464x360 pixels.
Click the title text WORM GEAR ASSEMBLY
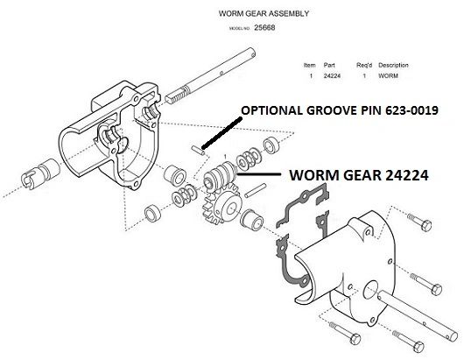point(264,14)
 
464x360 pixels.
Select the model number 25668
point(264,28)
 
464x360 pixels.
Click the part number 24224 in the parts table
point(332,76)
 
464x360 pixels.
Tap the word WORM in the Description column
point(388,76)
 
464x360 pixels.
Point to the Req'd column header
point(363,65)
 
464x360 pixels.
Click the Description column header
point(393,65)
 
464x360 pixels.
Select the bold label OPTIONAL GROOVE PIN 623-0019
point(340,110)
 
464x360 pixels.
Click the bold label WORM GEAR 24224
point(359,175)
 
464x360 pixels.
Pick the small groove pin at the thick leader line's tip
point(197,149)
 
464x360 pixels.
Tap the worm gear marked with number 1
point(219,175)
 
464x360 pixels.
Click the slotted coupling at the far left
point(40,173)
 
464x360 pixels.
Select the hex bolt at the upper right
point(419,222)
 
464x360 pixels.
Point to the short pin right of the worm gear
point(255,190)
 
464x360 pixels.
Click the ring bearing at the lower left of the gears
point(153,213)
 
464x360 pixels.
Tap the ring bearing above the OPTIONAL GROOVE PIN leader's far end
point(271,145)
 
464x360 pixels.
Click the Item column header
point(310,65)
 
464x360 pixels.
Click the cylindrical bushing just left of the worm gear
point(175,176)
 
